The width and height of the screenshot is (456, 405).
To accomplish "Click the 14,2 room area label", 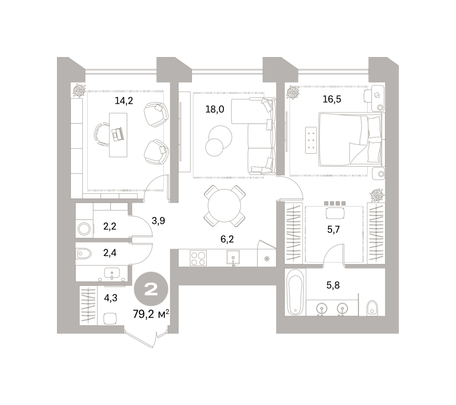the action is pyautogui.click(x=124, y=101).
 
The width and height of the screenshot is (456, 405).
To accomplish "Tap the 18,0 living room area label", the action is pyautogui.click(x=214, y=109).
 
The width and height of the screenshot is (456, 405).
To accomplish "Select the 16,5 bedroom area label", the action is pyautogui.click(x=332, y=99).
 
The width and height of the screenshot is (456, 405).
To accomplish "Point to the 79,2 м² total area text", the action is pyautogui.click(x=151, y=314).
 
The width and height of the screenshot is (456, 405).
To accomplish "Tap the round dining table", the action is pyautogui.click(x=224, y=205).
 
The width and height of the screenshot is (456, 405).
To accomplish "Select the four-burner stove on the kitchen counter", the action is pyautogui.click(x=198, y=258).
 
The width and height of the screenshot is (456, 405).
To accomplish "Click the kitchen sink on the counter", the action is pyautogui.click(x=233, y=257).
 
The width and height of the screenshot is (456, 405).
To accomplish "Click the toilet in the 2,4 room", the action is pyautogui.click(x=84, y=254).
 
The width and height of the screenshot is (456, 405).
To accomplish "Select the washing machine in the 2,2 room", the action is pyautogui.click(x=84, y=229).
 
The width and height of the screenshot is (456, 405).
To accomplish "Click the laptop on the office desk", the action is pyautogui.click(x=118, y=134).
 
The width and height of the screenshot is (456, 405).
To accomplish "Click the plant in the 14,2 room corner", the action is pyautogui.click(x=79, y=91).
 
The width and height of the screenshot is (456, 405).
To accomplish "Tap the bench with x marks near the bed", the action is pyautogui.click(x=311, y=140).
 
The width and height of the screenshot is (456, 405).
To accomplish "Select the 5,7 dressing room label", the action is pyautogui.click(x=333, y=230).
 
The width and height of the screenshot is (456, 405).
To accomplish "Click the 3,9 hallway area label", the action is pyautogui.click(x=158, y=221).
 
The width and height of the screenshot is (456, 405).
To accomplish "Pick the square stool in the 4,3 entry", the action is pyautogui.click(x=110, y=319).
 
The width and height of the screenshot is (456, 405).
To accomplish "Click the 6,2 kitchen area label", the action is pyautogui.click(x=227, y=239).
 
